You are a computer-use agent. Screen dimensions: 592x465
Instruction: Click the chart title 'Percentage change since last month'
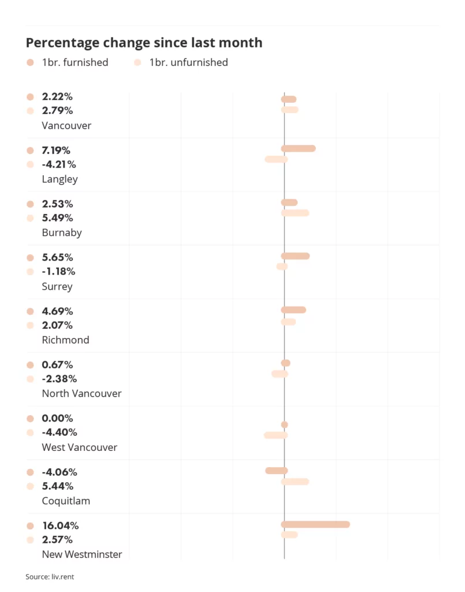pos(144,42)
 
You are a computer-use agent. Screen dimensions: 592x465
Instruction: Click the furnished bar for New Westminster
pos(315,524)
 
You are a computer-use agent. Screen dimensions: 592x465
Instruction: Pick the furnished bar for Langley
pos(298,149)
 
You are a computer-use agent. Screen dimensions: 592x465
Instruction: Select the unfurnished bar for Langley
pos(276,159)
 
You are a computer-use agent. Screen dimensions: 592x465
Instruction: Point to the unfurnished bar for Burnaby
pos(295,213)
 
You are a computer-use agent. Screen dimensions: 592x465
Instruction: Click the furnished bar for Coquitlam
pos(276,471)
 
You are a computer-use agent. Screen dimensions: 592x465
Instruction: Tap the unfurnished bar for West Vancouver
pos(276,435)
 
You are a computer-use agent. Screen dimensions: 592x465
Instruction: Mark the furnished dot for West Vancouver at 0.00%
pos(284,424)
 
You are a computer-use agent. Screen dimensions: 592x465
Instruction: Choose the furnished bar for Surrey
pos(295,256)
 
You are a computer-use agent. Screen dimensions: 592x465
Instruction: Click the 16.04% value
pos(60,526)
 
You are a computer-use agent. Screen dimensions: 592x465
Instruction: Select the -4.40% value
pos(59,432)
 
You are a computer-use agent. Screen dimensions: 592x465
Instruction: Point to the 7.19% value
pos(57,150)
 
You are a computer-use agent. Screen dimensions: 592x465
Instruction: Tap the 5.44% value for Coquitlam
pos(57,486)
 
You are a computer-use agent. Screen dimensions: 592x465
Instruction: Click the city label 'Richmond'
pos(65,340)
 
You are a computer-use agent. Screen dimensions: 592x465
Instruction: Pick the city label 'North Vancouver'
pos(81,394)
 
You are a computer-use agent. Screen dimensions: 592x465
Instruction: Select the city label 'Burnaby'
pos(62,233)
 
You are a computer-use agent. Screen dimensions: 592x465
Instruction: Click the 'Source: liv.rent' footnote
pos(50,576)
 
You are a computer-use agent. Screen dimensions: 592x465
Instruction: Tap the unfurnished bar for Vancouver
pos(289,110)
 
